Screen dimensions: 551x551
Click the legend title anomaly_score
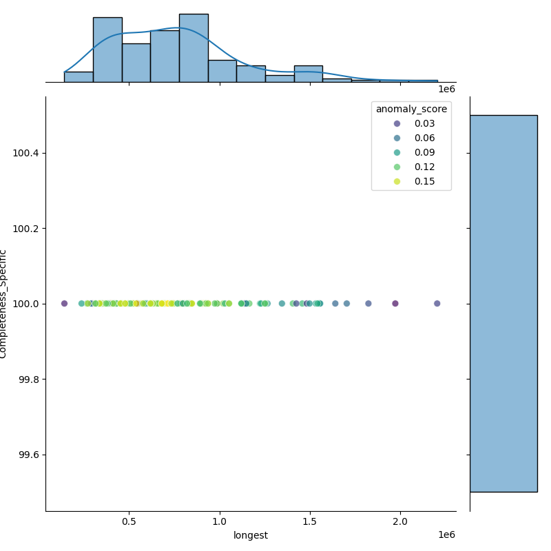410,109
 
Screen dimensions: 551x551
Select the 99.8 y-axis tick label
28,380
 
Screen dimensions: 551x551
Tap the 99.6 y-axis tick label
28,455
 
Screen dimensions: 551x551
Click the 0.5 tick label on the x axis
129,523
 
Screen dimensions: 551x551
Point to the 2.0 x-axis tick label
400,523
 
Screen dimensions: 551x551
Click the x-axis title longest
251,536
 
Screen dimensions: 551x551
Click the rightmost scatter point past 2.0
437,304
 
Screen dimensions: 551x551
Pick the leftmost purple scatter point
64,304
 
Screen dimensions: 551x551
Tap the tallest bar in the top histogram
194,48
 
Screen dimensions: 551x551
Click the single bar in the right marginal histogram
503,303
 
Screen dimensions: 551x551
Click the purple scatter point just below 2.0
395,304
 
